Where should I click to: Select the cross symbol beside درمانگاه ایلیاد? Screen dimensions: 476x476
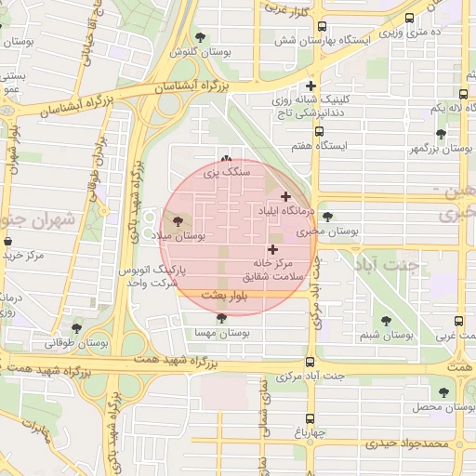(x=284, y=196)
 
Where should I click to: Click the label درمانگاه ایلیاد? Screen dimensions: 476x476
(x=281, y=212)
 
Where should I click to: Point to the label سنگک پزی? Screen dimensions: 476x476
(x=227, y=173)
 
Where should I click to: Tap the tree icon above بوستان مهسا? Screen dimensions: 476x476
(x=221, y=318)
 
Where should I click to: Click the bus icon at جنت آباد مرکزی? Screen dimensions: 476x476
(x=310, y=363)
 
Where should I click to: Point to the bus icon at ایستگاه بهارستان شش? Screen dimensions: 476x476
(x=322, y=28)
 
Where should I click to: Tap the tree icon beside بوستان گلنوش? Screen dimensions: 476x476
(x=201, y=37)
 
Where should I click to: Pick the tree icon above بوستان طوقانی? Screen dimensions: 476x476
(x=76, y=327)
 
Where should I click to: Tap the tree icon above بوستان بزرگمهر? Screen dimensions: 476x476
(x=441, y=134)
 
